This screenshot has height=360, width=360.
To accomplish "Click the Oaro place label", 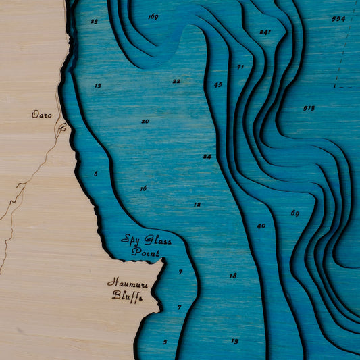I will tap(41, 115).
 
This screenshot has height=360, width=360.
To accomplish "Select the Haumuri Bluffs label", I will tap(128, 289).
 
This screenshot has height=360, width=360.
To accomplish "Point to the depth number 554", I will tap(338, 19).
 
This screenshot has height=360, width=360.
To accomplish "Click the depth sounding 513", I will tap(309, 108).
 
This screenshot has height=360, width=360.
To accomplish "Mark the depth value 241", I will tap(265, 32).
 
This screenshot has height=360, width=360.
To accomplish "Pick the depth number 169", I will tap(153, 16).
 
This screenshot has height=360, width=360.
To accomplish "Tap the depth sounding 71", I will tap(240, 67).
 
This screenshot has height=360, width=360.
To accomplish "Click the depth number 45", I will tap(217, 85).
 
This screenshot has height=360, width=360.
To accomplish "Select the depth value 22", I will tap(176, 81).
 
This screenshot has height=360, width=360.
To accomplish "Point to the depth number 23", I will tap(94, 21).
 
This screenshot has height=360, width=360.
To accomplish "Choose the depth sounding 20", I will tap(145, 122).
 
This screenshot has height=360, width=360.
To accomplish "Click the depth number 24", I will tap(207, 157).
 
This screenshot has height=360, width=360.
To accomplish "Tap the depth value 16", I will tap(143, 188).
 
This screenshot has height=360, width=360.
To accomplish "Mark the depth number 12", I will tap(197, 204).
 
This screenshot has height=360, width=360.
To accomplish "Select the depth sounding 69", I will tap(294, 213).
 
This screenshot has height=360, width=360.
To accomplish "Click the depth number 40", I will tap(261, 226).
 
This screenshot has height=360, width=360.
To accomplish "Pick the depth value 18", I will tap(232, 276).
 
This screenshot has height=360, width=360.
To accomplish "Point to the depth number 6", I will tap(95, 174).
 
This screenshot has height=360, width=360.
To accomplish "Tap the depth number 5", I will tap(165, 342).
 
